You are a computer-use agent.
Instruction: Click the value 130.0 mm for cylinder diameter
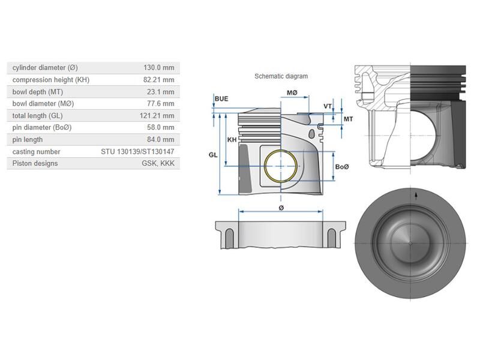coord(158,68)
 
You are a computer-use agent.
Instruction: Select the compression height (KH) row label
coord(50,80)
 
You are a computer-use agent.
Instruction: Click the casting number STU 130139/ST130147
coord(137,152)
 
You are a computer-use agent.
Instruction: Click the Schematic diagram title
coord(281,76)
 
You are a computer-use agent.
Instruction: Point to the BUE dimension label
coord(221,98)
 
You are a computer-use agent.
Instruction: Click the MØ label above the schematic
coord(292,93)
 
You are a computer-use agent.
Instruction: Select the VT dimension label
coord(328,106)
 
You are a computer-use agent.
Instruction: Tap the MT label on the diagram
coord(349,119)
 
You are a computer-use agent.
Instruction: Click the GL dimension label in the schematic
coord(213,155)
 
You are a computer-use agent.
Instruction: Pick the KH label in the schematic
coord(232,140)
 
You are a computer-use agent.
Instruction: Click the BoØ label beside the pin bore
coord(342,167)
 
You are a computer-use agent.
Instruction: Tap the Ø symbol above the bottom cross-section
coord(281,208)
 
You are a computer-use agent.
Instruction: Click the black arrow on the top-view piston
coord(415,196)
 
